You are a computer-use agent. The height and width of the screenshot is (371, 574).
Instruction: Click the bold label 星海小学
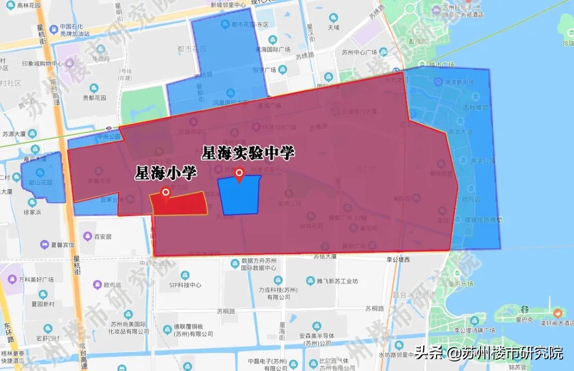[166, 173]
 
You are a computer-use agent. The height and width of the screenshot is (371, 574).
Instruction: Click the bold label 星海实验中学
[248, 153]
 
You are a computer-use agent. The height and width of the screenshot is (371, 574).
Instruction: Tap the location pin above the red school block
[165, 194]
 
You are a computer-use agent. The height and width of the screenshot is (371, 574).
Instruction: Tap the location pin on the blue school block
[240, 174]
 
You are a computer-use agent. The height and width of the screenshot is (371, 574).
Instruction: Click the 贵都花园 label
[95, 98]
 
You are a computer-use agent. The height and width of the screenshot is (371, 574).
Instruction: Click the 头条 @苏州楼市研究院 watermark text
[488, 352]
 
